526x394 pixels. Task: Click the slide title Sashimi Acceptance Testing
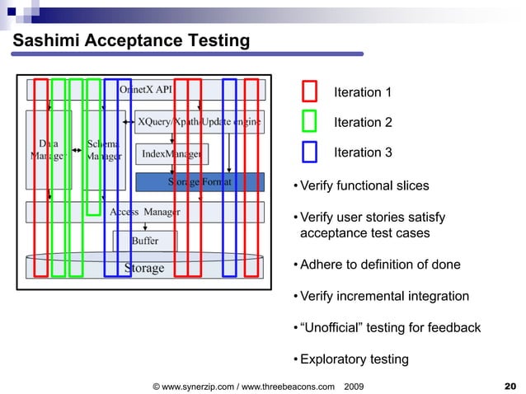click(130, 40)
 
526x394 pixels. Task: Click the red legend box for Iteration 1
click(309, 91)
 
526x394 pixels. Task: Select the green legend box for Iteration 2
click(309, 122)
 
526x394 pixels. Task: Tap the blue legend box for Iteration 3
click(309, 152)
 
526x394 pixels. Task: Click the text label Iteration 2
click(362, 122)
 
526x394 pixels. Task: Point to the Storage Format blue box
click(200, 181)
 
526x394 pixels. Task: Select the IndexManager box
click(171, 153)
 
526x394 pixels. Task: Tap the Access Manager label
click(145, 212)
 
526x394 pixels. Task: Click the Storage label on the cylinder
click(144, 267)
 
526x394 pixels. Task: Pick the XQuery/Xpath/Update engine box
click(199, 122)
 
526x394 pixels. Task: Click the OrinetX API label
click(146, 88)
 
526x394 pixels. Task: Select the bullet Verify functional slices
click(364, 185)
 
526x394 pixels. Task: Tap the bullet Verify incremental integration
click(383, 296)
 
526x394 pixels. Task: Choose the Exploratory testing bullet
click(354, 359)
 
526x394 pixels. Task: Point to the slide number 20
click(509, 385)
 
